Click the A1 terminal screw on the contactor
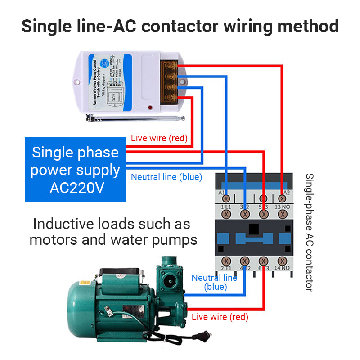pyautogui.click(x=227, y=198)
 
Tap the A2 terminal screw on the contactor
pyautogui.click(x=283, y=198)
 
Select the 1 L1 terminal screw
pyautogui.click(x=227, y=215)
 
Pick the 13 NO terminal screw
pyautogui.click(x=283, y=215)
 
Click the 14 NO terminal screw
pyautogui.click(x=283, y=261)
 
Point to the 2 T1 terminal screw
pyautogui.click(x=227, y=261)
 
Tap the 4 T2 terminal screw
pyautogui.click(x=245, y=261)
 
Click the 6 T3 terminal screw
pyautogui.click(x=264, y=261)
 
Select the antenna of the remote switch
pyautogui.click(x=135, y=118)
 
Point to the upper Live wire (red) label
pyautogui.click(x=159, y=138)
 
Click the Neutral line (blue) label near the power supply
pyautogui.click(x=166, y=177)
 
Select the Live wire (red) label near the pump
pyautogui.click(x=220, y=317)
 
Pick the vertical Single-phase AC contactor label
pyautogui.click(x=309, y=232)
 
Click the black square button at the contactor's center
pyautogui.click(x=255, y=229)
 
